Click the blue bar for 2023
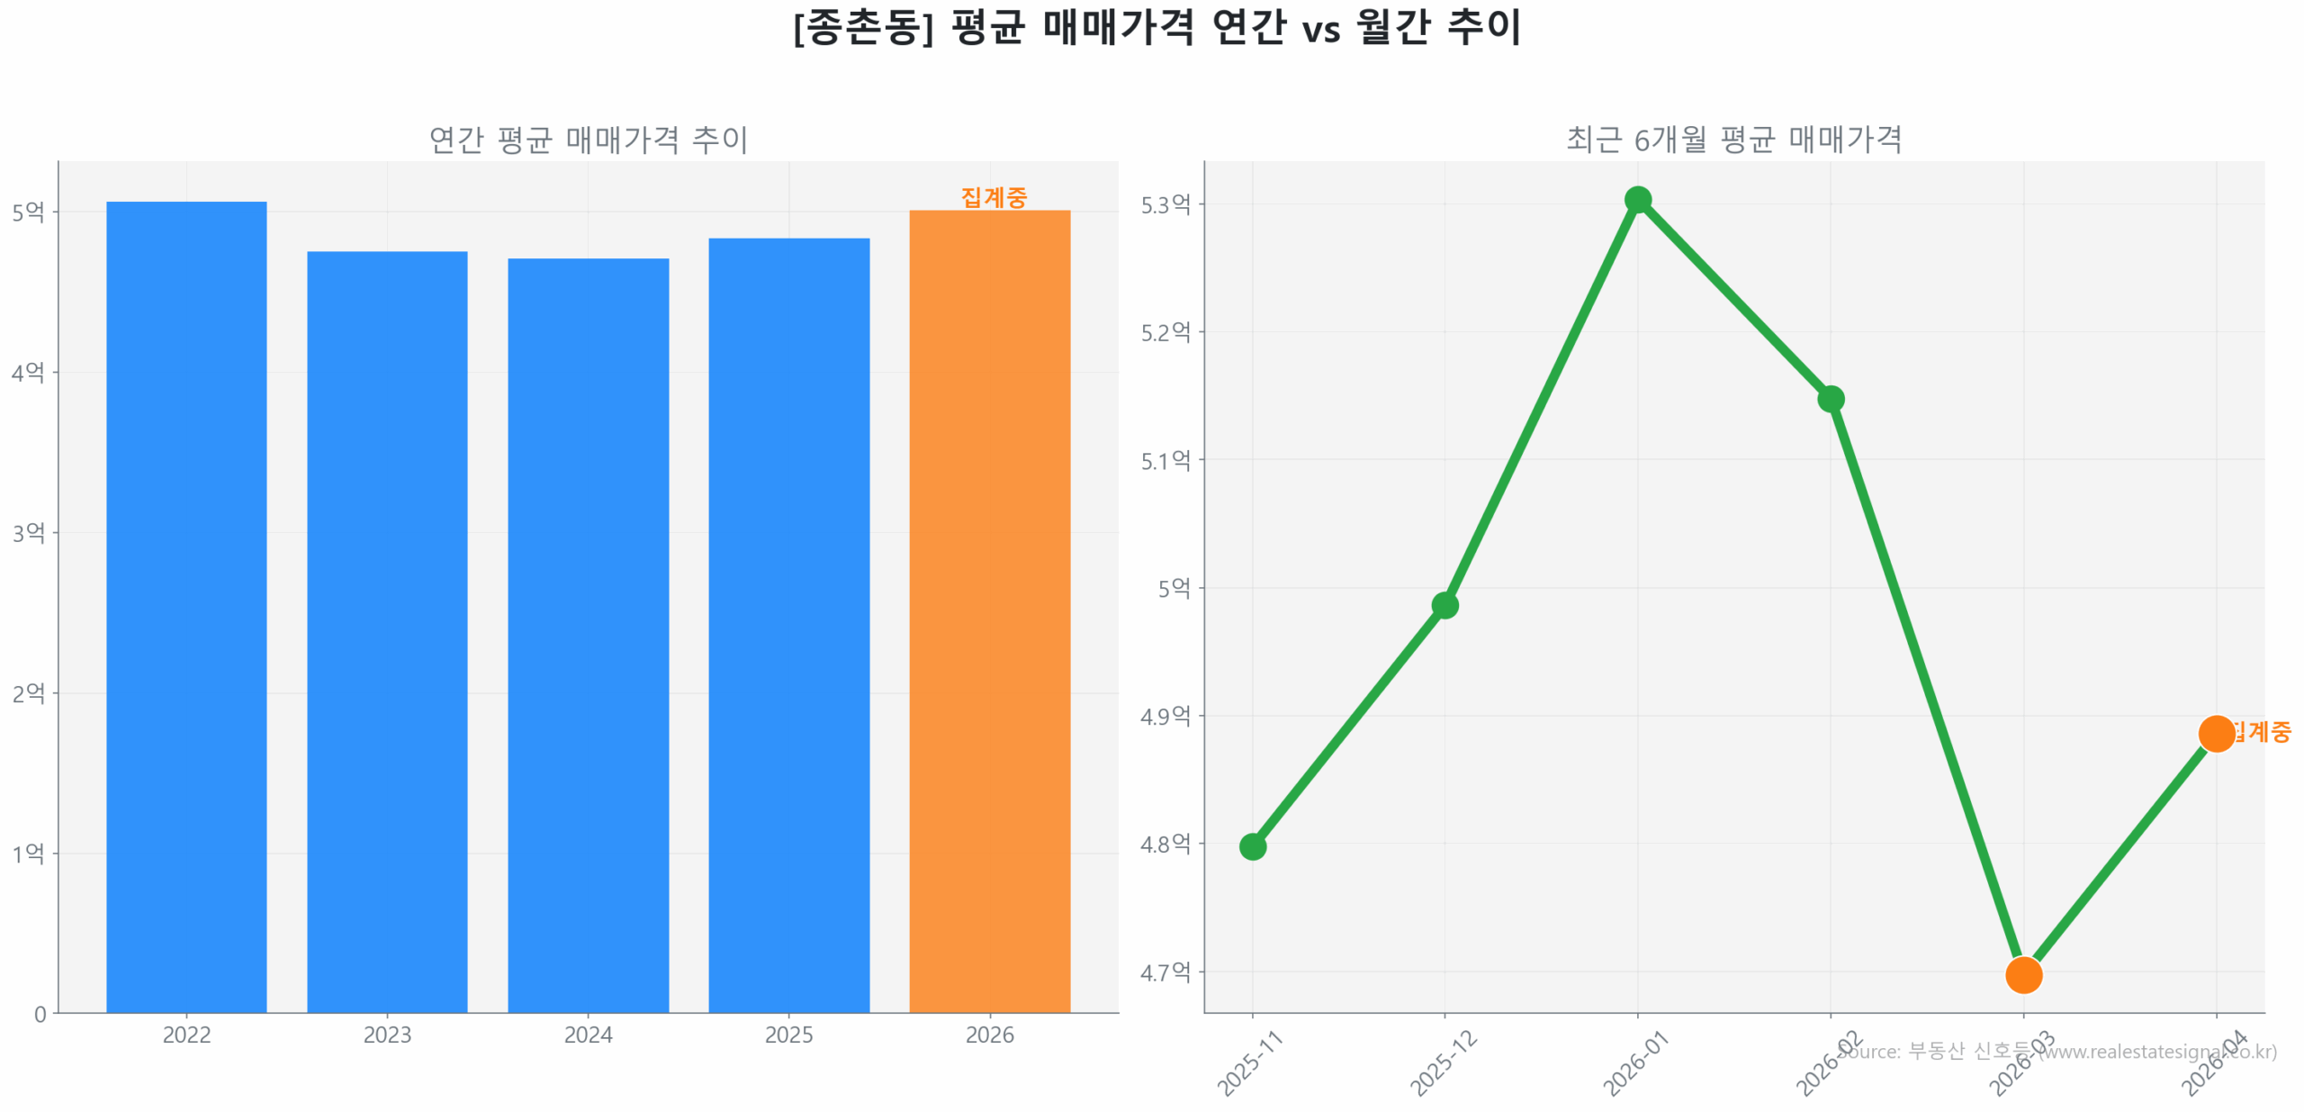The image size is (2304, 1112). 387,630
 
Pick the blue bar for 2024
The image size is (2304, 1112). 588,634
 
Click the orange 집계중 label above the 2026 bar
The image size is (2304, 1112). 993,197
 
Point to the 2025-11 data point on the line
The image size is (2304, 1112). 1252,845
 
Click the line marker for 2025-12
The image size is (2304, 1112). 1444,605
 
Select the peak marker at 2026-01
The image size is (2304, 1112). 1637,199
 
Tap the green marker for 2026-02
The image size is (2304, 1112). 1830,398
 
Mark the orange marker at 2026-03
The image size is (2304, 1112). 2022,973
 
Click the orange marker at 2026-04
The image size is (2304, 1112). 2215,733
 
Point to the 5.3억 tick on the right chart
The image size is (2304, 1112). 1165,204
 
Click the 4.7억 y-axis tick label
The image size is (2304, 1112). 1165,972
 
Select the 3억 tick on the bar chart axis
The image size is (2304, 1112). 28,532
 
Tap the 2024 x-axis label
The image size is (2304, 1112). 588,1035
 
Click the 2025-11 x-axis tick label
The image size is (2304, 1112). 1249,1063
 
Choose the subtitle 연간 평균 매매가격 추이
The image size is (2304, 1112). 588,140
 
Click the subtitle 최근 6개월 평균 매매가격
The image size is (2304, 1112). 1733,140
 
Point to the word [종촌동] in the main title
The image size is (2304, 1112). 863,27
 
